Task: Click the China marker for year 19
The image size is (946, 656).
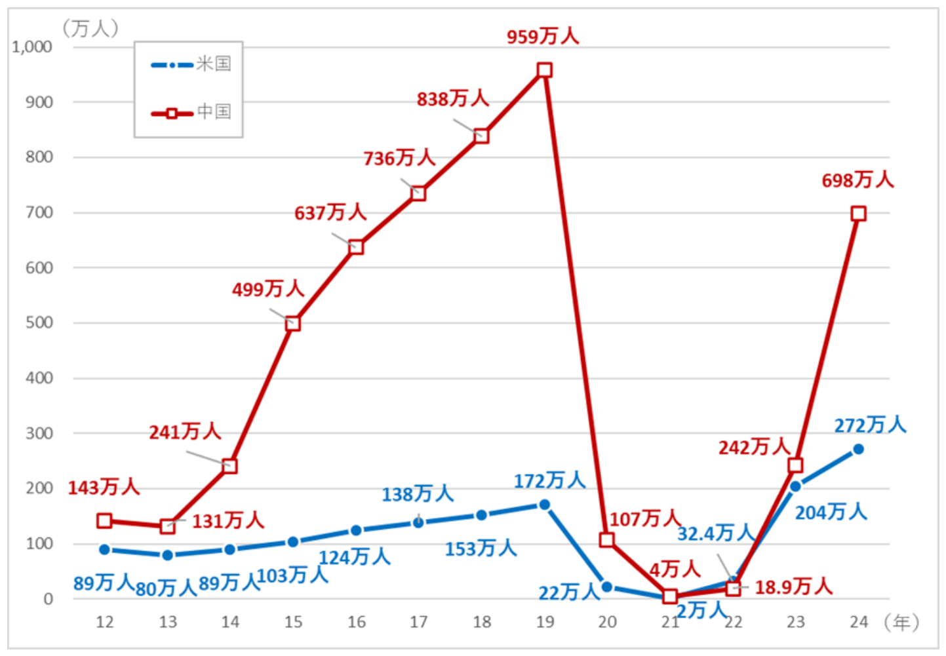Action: coord(544,70)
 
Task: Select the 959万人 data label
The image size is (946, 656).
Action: coord(543,36)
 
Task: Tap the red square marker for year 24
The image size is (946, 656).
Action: coord(858,214)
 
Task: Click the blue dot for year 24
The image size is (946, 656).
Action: coord(858,450)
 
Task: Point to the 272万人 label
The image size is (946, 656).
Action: coord(870,425)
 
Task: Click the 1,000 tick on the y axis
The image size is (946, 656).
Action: coord(32,47)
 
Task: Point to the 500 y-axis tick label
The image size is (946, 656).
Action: coord(39,323)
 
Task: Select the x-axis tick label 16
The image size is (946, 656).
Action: coord(356,622)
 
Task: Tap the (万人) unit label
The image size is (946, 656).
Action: coord(90,28)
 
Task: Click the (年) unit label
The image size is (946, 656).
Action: coord(901,622)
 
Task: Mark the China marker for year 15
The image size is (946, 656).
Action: coord(293,323)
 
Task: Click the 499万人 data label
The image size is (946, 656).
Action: coord(267,289)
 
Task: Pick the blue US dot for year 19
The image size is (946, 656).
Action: coord(544,505)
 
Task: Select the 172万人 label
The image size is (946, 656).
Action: coord(549,481)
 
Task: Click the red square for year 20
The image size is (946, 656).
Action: coord(607,540)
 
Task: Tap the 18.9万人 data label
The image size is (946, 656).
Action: coord(793,587)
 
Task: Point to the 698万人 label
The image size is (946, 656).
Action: coord(857,180)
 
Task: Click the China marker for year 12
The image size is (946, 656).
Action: coord(104,521)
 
